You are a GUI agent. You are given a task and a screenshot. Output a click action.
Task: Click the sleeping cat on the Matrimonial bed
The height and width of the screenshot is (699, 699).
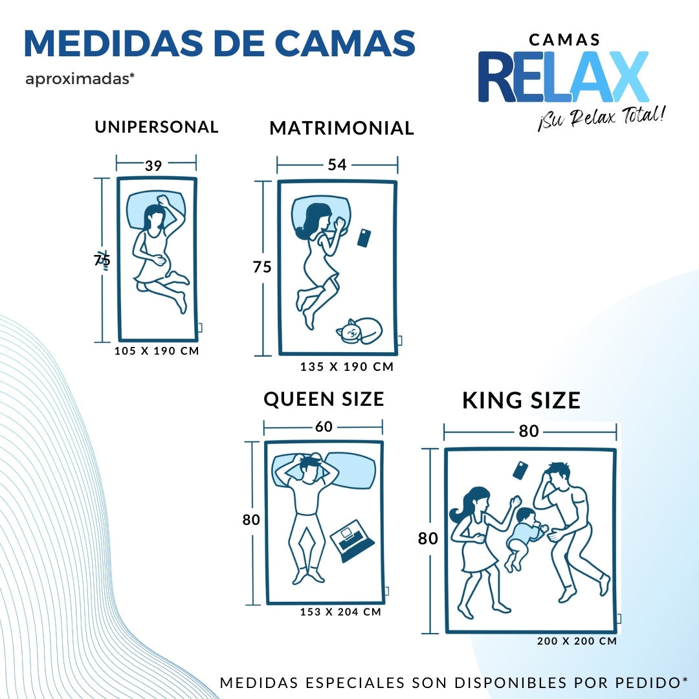coord(359,331)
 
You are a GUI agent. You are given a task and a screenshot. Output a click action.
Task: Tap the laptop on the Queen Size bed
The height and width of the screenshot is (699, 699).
coord(352,540)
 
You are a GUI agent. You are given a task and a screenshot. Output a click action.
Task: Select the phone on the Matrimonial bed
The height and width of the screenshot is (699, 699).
coord(364,238)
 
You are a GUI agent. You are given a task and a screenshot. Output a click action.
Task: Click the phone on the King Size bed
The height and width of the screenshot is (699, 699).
coord(520,471)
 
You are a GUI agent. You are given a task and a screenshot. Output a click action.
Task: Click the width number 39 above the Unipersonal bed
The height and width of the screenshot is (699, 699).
coord(153,166)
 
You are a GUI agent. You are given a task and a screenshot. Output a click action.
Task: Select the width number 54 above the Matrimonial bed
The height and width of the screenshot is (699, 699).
coord(337,165)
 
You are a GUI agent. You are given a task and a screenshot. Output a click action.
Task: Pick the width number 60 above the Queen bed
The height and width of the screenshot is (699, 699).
coord(324,427)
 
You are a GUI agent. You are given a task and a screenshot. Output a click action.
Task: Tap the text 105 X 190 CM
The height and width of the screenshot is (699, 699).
coord(157,351)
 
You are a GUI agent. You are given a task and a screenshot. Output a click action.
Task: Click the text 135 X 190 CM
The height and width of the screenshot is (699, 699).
coord(347,367)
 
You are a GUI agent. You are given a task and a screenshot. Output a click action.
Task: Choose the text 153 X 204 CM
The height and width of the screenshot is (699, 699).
coord(340,612)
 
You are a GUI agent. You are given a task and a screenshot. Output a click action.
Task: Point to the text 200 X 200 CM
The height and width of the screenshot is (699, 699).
coord(577,641)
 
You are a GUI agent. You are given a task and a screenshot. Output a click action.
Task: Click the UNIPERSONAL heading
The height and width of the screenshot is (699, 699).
coord(157,127)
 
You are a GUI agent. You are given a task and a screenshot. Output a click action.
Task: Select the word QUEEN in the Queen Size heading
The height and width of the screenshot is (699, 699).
coord(298,399)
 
